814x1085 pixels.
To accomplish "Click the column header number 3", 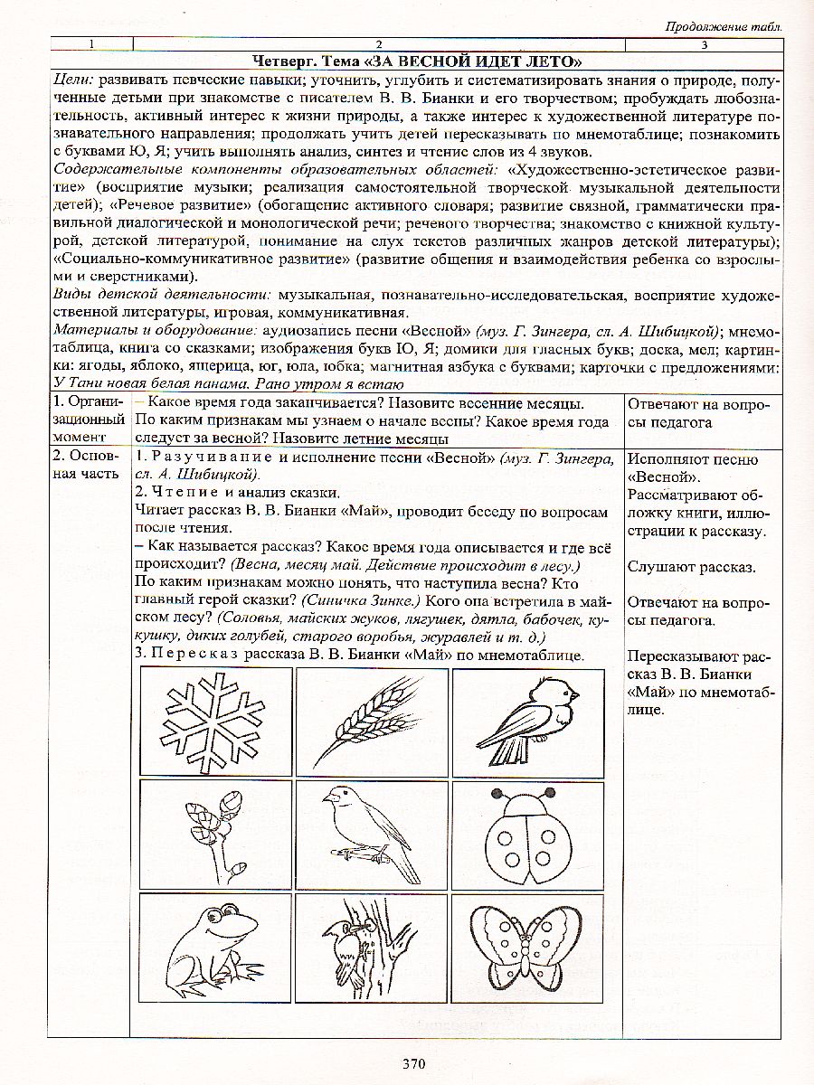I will tap(704, 43).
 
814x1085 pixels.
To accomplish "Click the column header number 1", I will tap(90, 43).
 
